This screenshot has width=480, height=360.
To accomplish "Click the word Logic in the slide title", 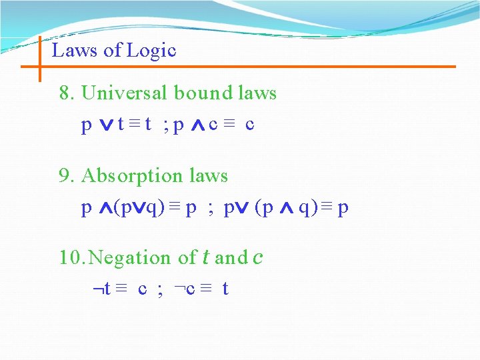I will (155, 51).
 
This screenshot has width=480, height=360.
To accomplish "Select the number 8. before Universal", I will (67, 93).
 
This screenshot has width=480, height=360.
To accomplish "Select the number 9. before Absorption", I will (67, 176).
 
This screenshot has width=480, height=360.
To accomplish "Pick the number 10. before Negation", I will (72, 257).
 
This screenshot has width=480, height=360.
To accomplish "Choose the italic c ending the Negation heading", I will (257, 257).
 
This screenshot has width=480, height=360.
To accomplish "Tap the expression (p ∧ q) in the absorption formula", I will (287, 209).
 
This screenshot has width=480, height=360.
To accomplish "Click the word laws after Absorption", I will (209, 176).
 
